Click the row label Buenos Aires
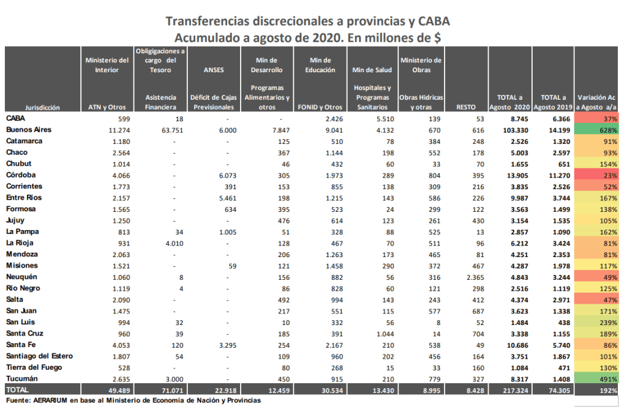[x=29, y=130]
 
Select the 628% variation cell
[x=596, y=130]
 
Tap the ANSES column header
[x=214, y=70]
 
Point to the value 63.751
[x=172, y=130]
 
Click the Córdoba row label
[x=21, y=175]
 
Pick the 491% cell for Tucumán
[x=596, y=379]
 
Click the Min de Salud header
[x=372, y=70]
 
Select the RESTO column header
[x=466, y=107]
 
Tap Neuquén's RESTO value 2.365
[x=475, y=277]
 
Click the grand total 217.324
[x=516, y=391]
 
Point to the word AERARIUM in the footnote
[x=50, y=400]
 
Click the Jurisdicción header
[x=42, y=108]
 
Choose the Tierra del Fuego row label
[x=34, y=367]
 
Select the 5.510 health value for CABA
[x=385, y=119]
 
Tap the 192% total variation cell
[x=596, y=391]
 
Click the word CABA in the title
[x=434, y=21]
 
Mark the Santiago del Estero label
[x=40, y=356]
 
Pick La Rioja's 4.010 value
[x=175, y=244]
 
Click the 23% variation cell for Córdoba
[x=596, y=175]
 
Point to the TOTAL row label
[x=17, y=390]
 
